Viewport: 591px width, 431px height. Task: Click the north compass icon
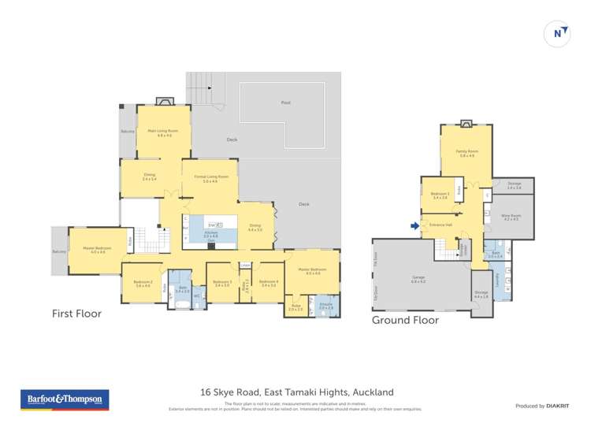(558, 33)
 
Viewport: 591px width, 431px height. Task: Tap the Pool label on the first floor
(285, 102)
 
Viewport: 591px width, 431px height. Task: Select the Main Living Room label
(163, 131)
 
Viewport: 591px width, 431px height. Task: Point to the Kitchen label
(210, 232)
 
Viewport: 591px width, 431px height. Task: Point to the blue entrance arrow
(415, 225)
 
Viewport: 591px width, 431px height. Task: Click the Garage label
(418, 277)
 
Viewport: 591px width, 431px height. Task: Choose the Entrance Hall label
(441, 225)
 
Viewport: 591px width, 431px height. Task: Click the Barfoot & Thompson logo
(65, 399)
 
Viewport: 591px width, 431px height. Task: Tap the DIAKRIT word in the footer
(558, 406)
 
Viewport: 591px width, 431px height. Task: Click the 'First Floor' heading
(76, 314)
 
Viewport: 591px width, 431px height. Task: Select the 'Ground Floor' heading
(405, 321)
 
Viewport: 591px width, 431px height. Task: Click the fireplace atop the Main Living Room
(164, 101)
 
